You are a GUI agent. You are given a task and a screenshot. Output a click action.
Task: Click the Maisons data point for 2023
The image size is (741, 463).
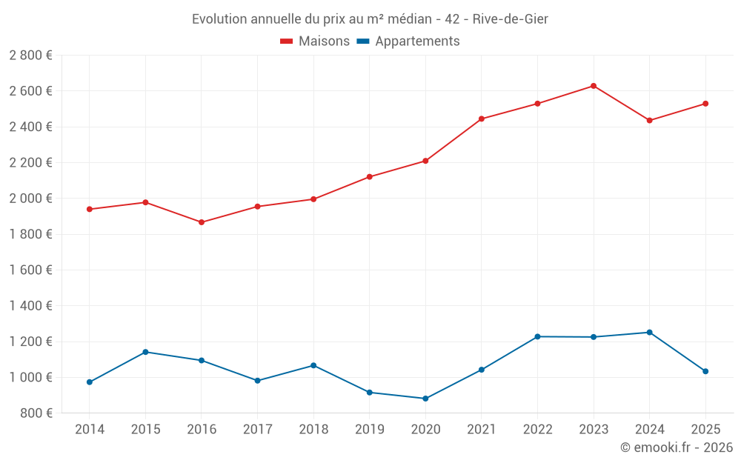coord(594,86)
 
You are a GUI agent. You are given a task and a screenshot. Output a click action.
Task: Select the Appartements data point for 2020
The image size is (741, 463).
coord(425,399)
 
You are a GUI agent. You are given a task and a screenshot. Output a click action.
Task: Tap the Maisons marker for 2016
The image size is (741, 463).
coord(202,222)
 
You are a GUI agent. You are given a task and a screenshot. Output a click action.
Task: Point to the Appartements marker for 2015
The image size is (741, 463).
coord(145,352)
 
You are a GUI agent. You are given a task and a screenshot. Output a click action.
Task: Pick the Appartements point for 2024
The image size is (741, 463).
coord(650,333)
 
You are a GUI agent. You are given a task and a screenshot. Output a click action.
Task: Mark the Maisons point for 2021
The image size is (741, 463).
coord(482,119)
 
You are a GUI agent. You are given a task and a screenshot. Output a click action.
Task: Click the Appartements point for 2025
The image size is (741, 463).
coord(705,371)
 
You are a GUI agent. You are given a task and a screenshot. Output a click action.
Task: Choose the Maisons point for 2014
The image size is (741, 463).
coord(90,209)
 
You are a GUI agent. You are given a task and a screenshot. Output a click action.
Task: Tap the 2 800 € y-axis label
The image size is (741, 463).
coord(30,56)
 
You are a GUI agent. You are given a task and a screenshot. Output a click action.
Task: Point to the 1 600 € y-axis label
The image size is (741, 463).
coord(30,270)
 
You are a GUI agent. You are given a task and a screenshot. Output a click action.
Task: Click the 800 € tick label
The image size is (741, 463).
coord(35,413)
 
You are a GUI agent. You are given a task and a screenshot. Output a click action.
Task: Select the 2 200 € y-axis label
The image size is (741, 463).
coord(30,163)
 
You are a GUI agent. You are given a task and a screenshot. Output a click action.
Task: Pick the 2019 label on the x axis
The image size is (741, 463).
coord(370,430)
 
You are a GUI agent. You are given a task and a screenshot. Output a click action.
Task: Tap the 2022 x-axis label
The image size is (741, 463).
coord(537,430)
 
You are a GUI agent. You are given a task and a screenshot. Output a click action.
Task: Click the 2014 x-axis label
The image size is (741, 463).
coord(90,430)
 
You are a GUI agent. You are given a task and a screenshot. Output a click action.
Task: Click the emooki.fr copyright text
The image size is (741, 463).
coord(677,447)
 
